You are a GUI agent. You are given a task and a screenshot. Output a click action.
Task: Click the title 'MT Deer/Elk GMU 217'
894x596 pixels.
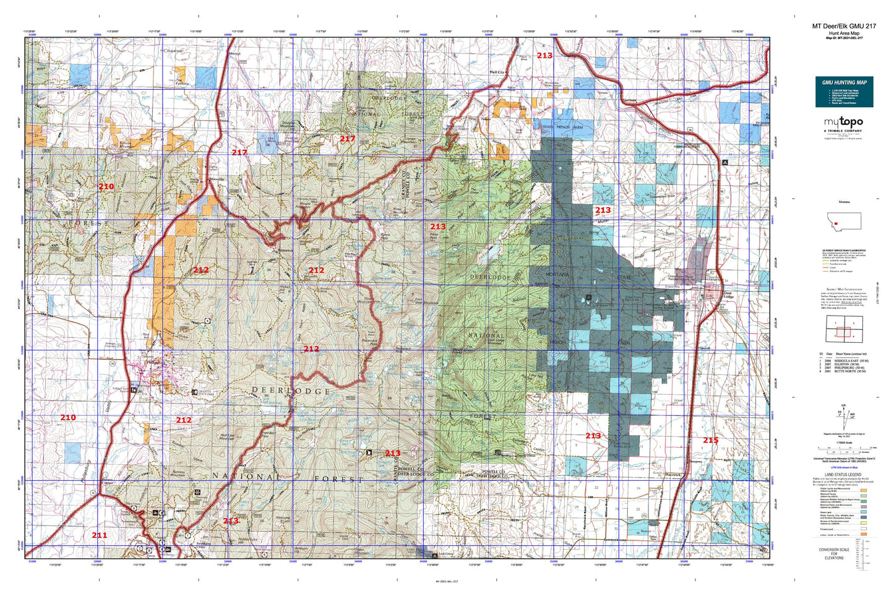(843, 26)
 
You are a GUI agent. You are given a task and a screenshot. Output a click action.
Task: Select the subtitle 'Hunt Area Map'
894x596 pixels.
(843, 33)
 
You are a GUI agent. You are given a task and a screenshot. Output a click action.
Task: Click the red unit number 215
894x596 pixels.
(710, 440)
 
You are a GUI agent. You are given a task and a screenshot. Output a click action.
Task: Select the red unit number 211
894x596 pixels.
(99, 535)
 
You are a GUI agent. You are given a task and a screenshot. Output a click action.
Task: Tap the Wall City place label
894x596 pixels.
(497, 72)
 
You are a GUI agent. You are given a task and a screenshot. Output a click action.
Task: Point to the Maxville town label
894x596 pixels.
(217, 179)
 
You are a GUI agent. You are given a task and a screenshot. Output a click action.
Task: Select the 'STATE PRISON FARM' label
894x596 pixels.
(563, 127)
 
